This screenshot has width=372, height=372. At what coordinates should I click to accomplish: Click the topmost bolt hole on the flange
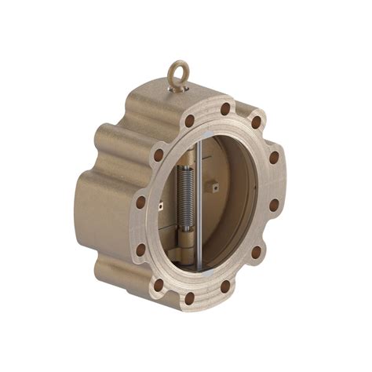point(225,109)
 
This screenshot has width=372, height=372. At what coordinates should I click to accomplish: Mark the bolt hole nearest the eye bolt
point(189,121)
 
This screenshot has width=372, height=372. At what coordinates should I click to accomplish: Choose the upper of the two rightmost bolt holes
point(274,158)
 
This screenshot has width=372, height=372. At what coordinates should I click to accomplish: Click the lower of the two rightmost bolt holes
point(274,206)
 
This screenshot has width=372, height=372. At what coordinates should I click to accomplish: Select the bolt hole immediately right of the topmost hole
point(256,122)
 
